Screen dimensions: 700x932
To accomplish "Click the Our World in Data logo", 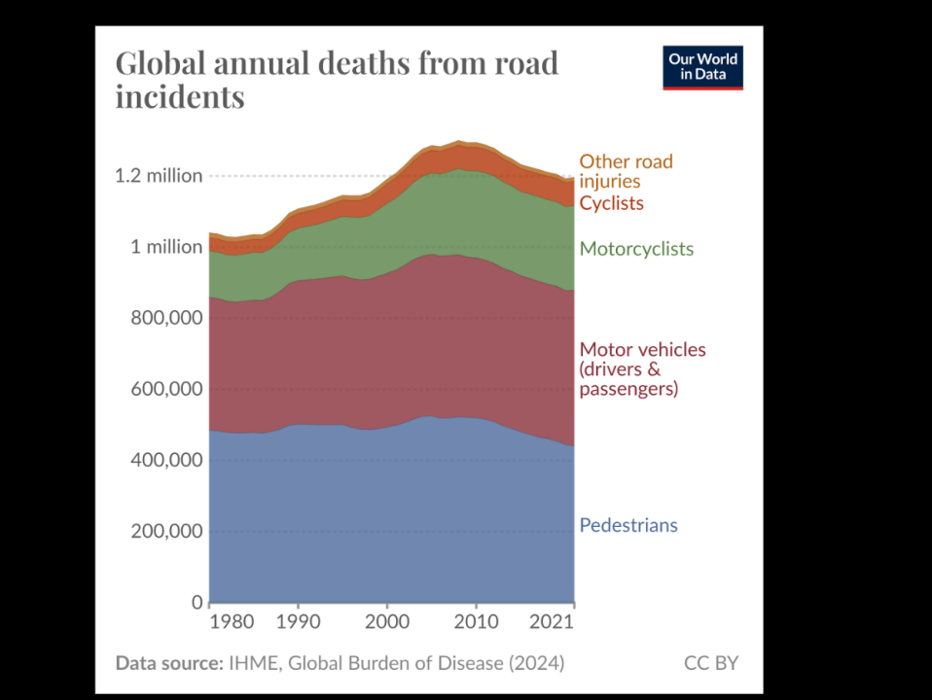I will pyautogui.click(x=702, y=67).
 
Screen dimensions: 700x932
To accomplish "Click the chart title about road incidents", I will pyautogui.click(x=337, y=80).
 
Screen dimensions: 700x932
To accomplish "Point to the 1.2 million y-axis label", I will pyautogui.click(x=159, y=176).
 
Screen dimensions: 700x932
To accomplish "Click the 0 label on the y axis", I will pyautogui.click(x=197, y=603).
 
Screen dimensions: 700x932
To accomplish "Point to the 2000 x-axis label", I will pyautogui.click(x=387, y=620).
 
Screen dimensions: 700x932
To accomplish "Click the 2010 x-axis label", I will pyautogui.click(x=476, y=620).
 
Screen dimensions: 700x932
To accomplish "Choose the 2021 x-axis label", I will pyautogui.click(x=556, y=620).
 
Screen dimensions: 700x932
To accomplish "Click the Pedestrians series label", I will pyautogui.click(x=628, y=526).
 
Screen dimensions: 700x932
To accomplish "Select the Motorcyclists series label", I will pyautogui.click(x=636, y=249).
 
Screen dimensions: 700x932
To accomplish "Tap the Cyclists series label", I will pyautogui.click(x=611, y=203).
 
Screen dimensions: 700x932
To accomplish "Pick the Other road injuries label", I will pyautogui.click(x=626, y=171).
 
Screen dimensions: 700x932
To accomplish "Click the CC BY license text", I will pyautogui.click(x=711, y=663).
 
